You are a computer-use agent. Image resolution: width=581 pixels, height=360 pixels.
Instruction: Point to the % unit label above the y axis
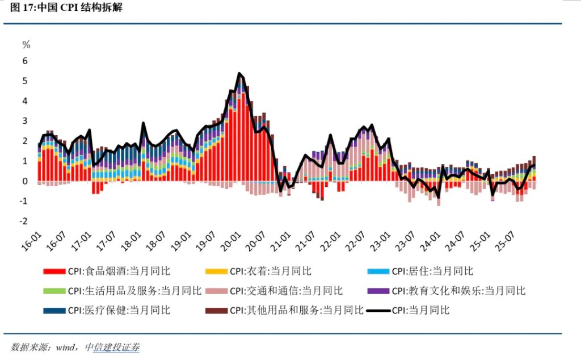coord(26,44)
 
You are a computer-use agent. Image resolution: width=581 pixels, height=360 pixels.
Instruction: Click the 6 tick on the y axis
coord(25,61)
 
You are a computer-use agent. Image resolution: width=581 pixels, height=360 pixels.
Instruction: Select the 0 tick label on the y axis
coord(25,181)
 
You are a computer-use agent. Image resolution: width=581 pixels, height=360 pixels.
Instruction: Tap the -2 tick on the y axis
coord(24,221)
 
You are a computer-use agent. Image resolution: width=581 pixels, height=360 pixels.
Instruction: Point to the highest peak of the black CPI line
coord(239,73)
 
